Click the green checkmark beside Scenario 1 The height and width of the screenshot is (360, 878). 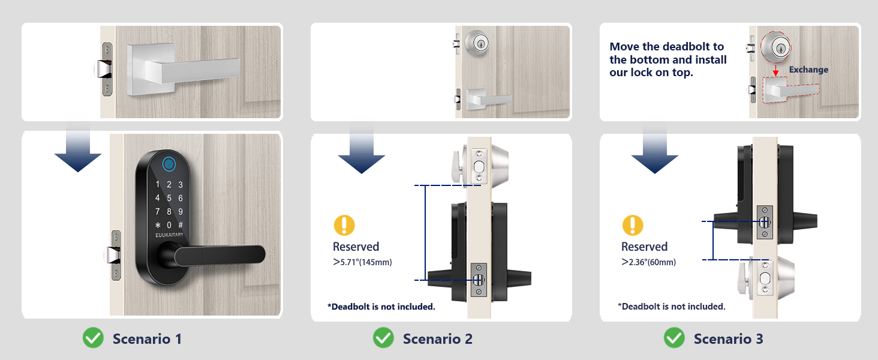tap(93, 338)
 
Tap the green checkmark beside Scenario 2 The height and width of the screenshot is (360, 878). tap(383, 338)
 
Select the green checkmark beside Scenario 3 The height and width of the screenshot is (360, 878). tap(674, 338)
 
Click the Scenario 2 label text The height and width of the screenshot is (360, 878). tap(437, 339)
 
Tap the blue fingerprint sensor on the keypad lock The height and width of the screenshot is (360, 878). tap(169, 162)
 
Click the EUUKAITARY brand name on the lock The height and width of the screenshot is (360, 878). tap(170, 235)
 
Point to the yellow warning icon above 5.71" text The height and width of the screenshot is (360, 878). tap(344, 226)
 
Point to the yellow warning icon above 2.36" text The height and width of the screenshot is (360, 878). tap(633, 226)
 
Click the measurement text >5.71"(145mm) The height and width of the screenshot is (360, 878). tap(362, 262)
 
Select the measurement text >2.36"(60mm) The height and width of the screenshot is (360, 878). tap(648, 262)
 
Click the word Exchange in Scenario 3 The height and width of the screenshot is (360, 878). tap(808, 70)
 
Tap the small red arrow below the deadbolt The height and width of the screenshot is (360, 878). tap(774, 71)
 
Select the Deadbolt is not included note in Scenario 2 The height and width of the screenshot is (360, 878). tap(381, 307)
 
